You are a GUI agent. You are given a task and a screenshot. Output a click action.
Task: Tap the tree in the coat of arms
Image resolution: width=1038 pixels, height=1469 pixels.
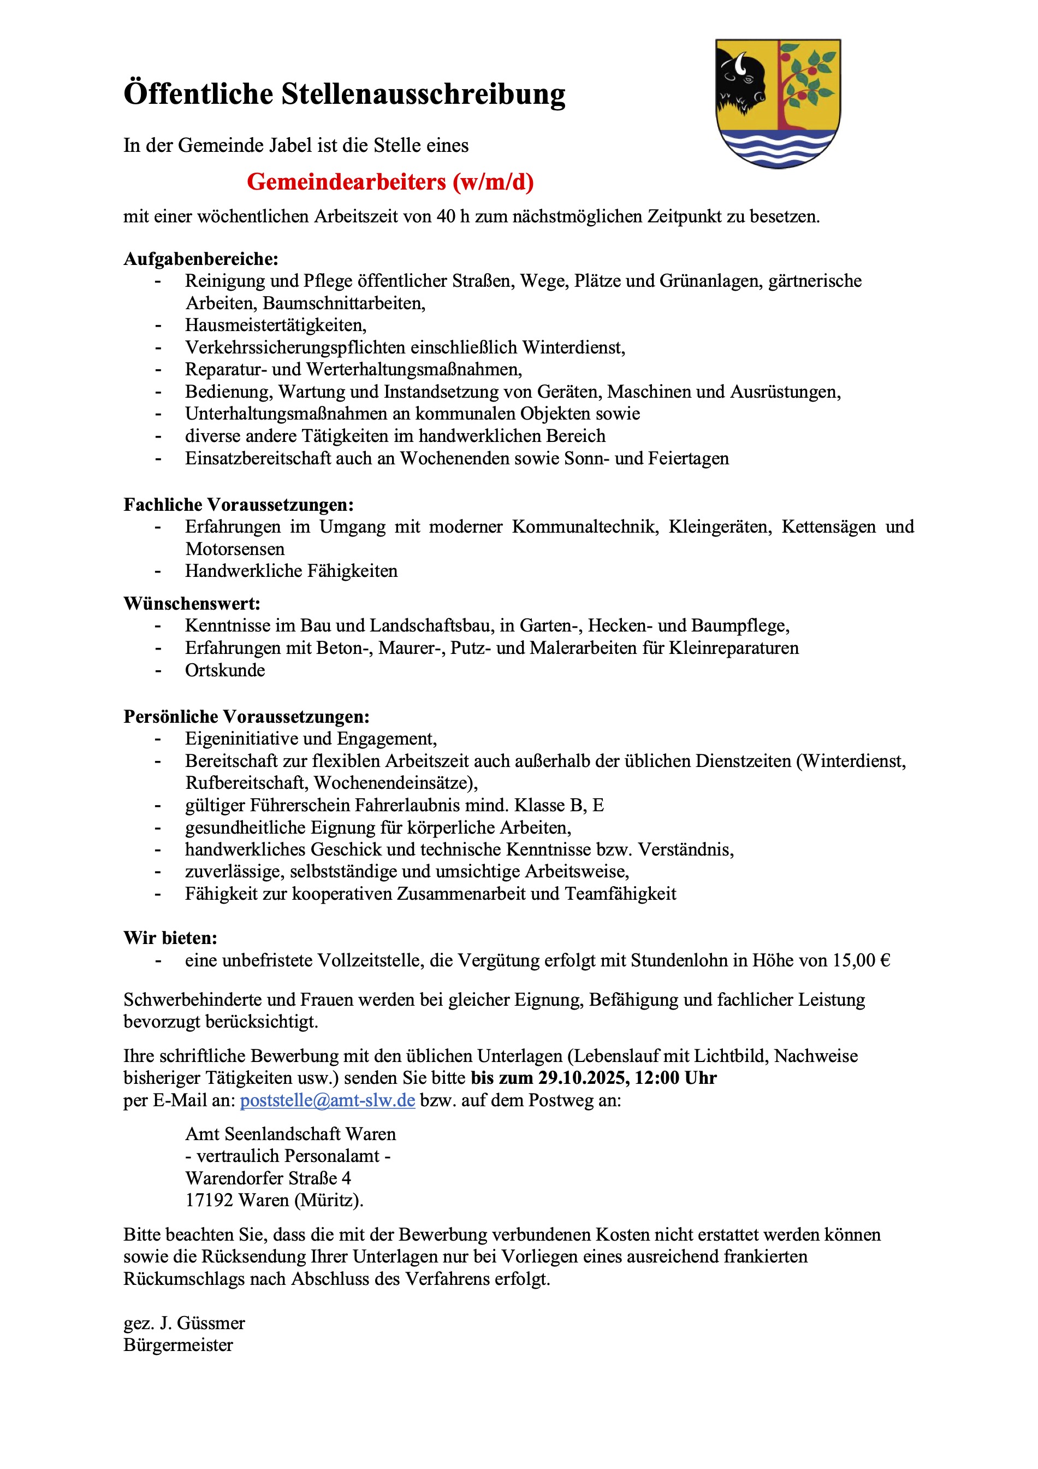coord(805,80)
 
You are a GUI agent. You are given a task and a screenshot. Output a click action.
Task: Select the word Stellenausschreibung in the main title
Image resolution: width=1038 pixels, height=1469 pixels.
coord(423,94)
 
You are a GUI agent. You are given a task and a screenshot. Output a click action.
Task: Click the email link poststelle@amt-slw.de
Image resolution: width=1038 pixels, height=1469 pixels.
coord(328,1100)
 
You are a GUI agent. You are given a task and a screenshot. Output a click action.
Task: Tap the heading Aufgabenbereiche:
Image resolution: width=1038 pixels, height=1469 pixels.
coord(201,259)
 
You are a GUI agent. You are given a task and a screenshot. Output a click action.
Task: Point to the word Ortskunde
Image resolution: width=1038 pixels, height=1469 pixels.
coord(225,670)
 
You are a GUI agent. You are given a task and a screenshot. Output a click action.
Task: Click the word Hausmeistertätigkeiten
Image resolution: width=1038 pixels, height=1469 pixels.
coord(276,325)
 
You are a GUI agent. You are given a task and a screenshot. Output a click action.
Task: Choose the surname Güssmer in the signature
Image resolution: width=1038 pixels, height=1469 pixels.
coord(211,1323)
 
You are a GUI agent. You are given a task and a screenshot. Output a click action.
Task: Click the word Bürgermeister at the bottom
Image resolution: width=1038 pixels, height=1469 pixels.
coord(179,1345)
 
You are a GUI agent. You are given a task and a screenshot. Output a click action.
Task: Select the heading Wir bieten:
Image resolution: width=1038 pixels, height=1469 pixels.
coord(170,938)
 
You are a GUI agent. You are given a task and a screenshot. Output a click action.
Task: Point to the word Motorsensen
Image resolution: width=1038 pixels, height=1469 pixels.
coord(235,549)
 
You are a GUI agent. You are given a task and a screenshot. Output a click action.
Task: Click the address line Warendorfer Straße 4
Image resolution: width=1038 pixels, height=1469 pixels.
coord(268,1178)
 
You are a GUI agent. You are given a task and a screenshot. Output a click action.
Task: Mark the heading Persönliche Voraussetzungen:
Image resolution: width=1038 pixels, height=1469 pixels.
coord(246,717)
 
